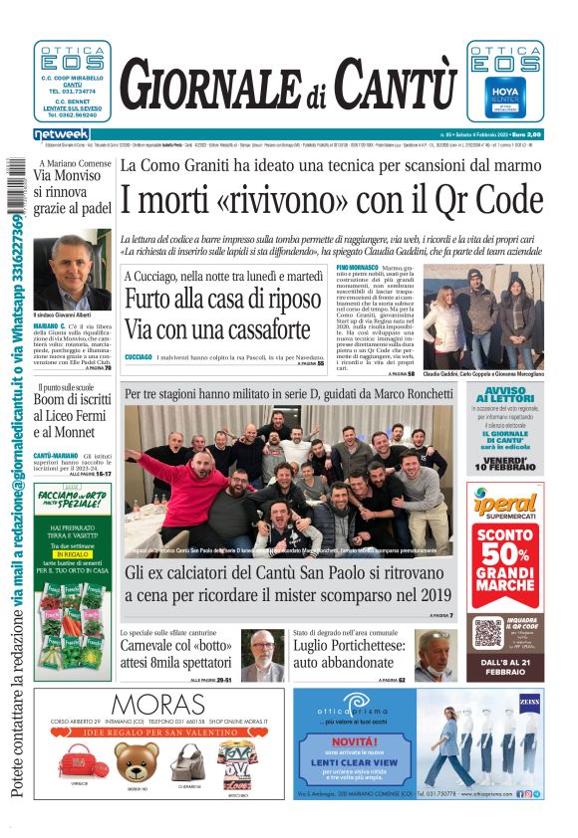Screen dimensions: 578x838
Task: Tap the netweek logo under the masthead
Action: pyautogui.click(x=61, y=134)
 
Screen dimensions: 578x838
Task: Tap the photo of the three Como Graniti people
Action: pyautogui.click(x=483, y=314)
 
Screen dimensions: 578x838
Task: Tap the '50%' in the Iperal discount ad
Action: pyautogui.click(x=506, y=555)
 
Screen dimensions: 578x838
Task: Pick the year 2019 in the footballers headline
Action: pyautogui.click(x=424, y=594)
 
